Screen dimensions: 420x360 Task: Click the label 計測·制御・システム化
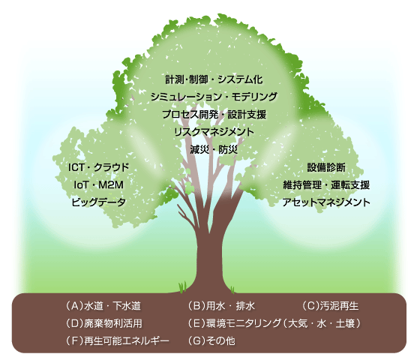coord(214,79)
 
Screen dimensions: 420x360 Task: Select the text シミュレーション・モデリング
coord(214,97)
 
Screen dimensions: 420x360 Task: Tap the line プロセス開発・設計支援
coord(214,114)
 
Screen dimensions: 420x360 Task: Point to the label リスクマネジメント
coord(214,132)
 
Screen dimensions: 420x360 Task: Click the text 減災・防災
coord(214,149)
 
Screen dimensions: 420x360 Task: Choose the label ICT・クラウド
coord(98,167)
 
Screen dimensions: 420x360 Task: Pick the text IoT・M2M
coord(98,184)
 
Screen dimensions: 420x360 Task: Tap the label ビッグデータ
coord(98,202)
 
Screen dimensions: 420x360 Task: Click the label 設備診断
coord(326,167)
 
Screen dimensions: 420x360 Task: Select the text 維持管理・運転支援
coord(326,184)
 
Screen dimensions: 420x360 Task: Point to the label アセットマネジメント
coord(326,202)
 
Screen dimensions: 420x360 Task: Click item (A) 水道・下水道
coord(103,306)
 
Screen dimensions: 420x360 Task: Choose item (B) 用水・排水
coord(221,306)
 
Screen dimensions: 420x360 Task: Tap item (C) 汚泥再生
coord(330,306)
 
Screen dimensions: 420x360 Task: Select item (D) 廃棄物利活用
coord(103,323)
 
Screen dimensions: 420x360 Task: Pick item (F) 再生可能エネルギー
coord(117,340)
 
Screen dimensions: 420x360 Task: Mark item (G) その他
coord(211,340)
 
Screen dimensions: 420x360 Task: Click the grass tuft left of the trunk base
coord(183,286)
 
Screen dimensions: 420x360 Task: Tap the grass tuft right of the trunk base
coord(232,289)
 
